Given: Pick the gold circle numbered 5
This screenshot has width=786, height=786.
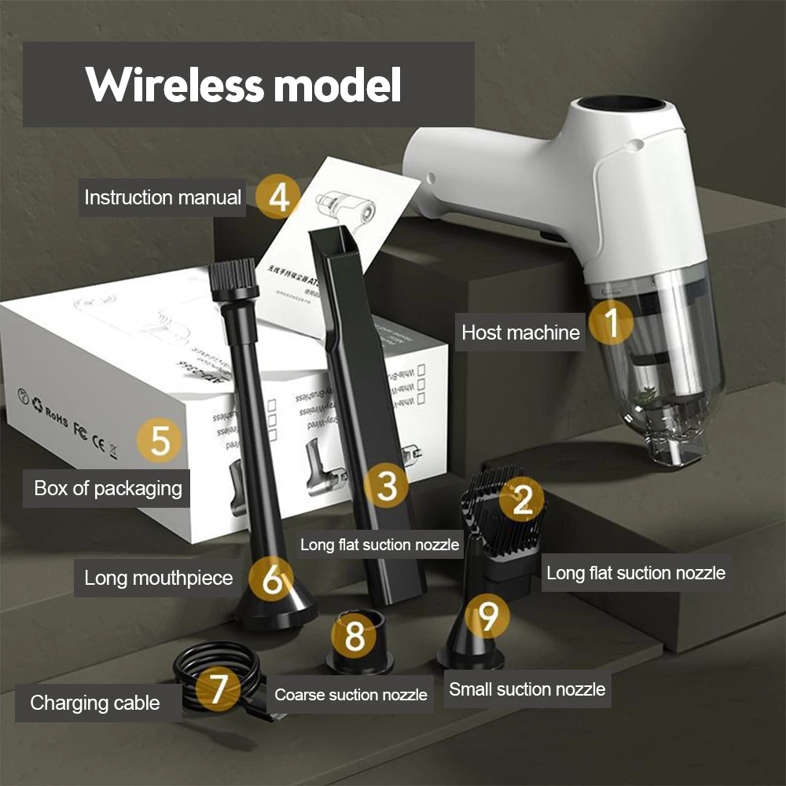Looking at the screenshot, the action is coord(160,440).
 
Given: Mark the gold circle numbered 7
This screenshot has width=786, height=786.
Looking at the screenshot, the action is coord(218,689).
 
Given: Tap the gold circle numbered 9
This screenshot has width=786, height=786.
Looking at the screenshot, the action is coord(488,616).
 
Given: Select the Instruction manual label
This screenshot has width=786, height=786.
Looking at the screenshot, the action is coord(163,197).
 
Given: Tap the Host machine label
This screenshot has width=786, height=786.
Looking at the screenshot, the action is coord(520,332).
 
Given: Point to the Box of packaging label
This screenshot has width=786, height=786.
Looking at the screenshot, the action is coord(108,488).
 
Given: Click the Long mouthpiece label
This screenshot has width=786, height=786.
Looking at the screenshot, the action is coord(159,578).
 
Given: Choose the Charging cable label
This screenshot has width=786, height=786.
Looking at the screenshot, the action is coord(95,703).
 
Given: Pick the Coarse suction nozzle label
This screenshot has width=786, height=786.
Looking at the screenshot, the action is coord(351,695).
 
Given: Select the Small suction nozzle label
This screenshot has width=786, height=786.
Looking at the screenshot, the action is coord(527,690).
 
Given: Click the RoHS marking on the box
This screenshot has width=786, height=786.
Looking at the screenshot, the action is coord(57,412).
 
